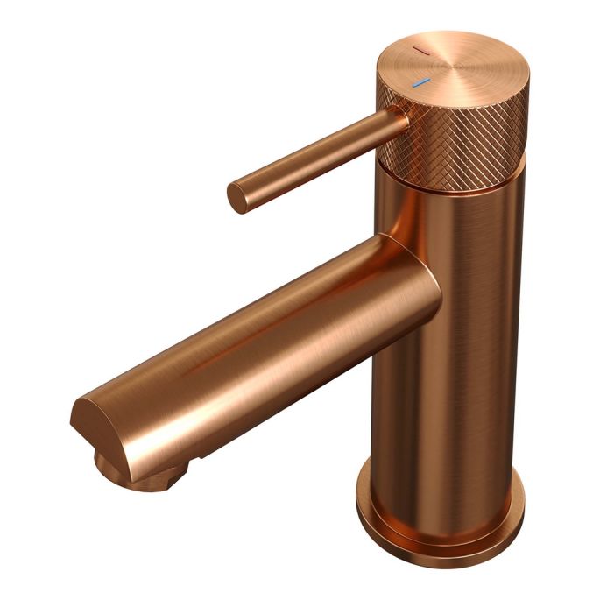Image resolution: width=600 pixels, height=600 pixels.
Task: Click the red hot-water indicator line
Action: coord(423,53)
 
